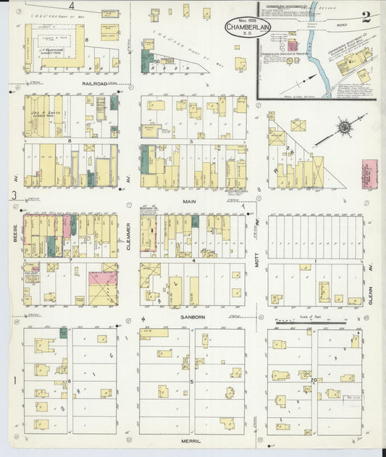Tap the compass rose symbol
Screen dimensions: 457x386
coord(344,127)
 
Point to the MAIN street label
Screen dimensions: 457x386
coord(189,202)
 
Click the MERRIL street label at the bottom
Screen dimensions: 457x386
coord(191,439)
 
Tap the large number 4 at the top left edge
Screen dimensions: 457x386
coord(72,6)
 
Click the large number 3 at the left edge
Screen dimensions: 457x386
coord(14,195)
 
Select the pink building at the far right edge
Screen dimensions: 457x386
coord(369,175)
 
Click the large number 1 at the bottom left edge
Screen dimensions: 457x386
coord(14,380)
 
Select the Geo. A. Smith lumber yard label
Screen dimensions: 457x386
coord(49,114)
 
